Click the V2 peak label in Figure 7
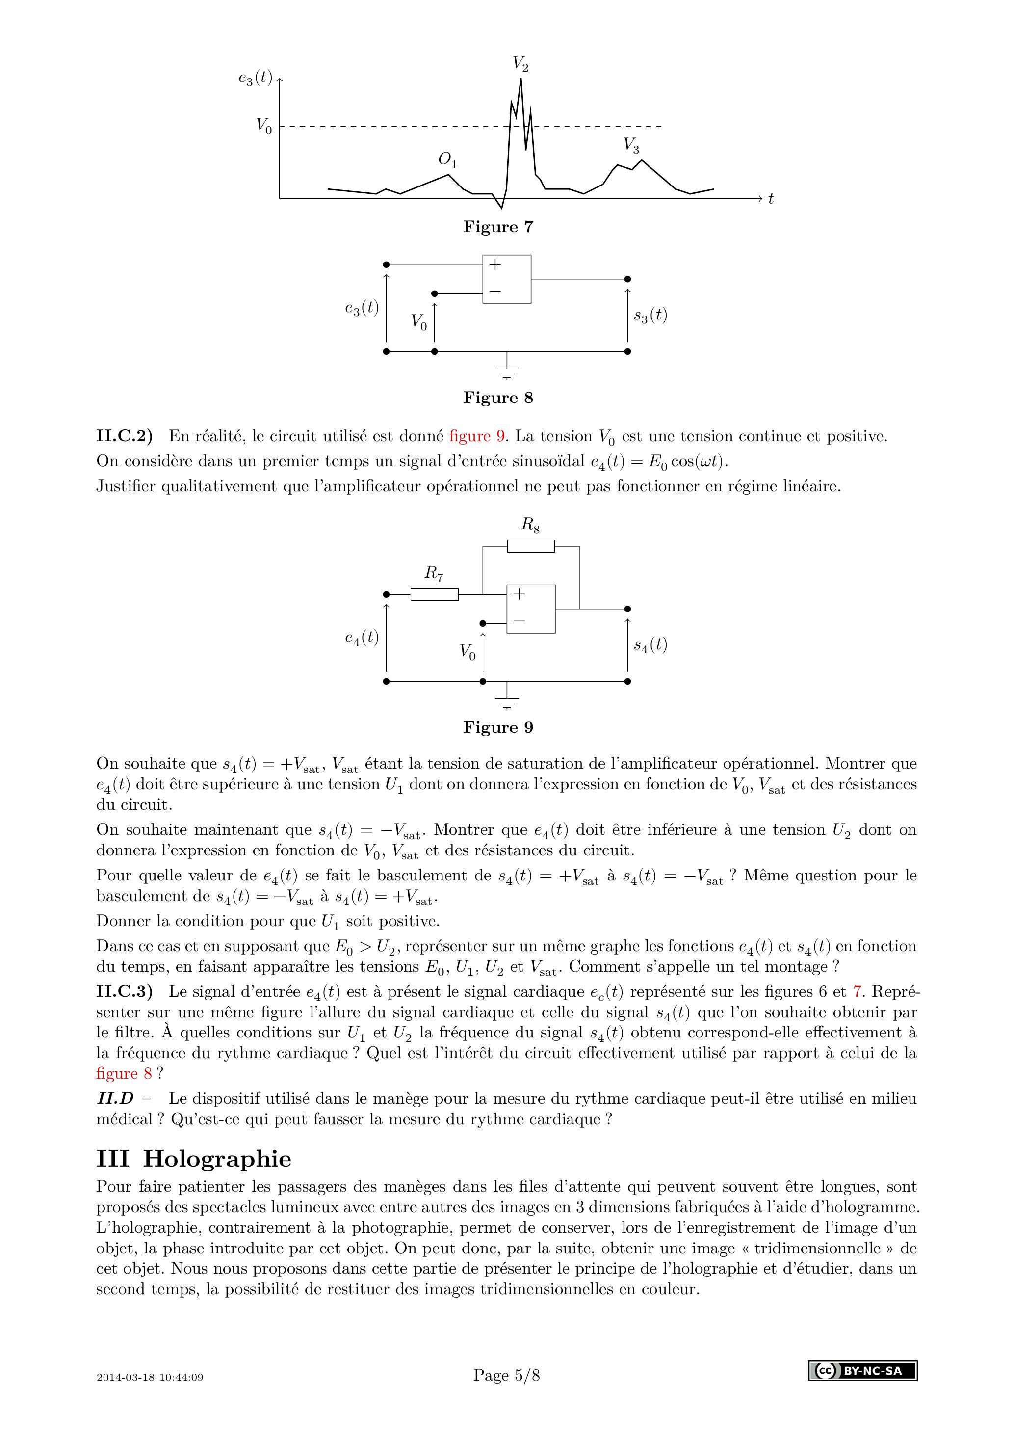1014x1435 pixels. pos(520,64)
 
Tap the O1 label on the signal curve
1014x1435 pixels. pos(447,160)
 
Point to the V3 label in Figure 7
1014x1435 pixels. pos(631,146)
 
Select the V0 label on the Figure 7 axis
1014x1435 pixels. pos(263,126)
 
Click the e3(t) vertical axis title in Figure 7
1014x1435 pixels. pos(255,78)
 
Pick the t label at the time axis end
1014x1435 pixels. pos(771,199)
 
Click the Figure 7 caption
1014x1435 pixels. pos(498,227)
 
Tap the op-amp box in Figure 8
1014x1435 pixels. pos(507,279)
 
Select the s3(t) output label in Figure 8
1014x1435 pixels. pos(650,315)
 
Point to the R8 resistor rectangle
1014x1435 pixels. pos(530,546)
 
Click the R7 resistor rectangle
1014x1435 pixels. pos(434,594)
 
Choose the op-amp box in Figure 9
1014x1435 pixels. pos(530,609)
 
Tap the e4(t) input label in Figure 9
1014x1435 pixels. pos(362,638)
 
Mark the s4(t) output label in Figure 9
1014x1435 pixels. pos(650,645)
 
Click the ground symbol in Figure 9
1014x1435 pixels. pos(507,703)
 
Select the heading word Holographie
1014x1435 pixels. pos(217,1159)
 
